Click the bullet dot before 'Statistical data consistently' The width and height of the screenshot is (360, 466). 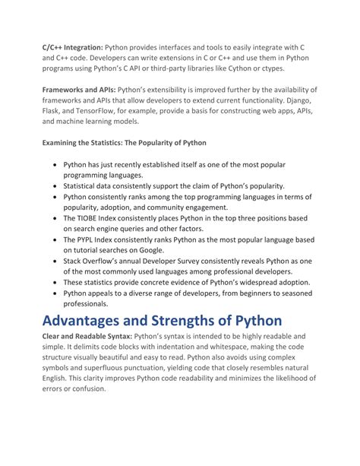[x=55, y=185]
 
